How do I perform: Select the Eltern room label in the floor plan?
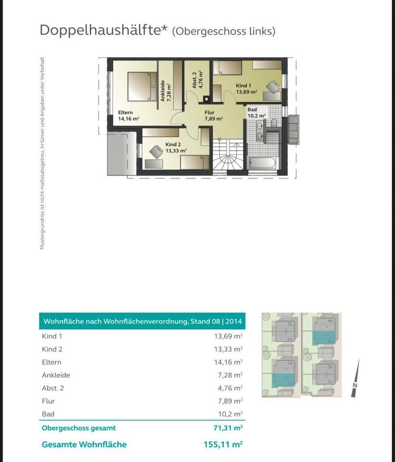click(126, 113)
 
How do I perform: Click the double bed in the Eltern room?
click(142, 86)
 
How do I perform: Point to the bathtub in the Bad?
click(262, 163)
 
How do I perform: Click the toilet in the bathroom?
click(273, 123)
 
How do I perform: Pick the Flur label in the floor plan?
click(209, 113)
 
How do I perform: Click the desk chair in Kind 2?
click(156, 152)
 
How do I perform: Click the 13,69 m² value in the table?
click(228, 336)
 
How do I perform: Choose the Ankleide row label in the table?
click(56, 375)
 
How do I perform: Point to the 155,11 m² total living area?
click(223, 445)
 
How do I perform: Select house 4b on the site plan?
click(330, 321)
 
